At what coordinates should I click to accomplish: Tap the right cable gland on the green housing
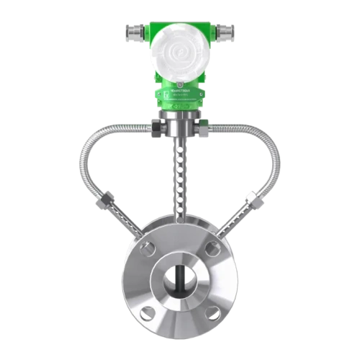click(226, 32)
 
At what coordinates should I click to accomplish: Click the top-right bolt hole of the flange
click(212, 248)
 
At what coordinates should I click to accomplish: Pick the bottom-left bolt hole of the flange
click(148, 312)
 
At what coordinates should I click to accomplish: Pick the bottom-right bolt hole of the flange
click(212, 312)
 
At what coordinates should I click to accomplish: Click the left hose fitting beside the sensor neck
click(156, 129)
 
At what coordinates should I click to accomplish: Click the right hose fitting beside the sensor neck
click(204, 129)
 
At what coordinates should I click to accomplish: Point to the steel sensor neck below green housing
click(180, 122)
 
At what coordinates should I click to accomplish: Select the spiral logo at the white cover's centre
click(179, 52)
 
